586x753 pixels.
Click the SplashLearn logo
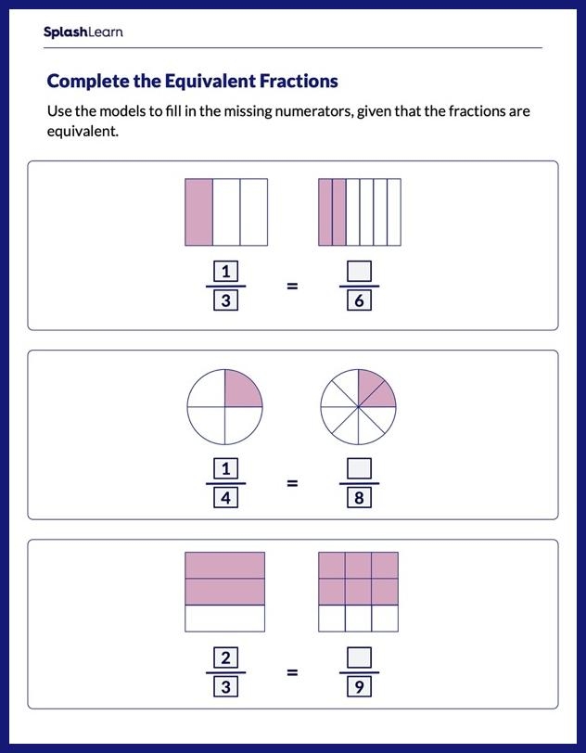(83, 32)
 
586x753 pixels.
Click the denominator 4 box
(225, 498)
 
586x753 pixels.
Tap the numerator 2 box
(225, 657)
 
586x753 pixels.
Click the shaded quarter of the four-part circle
(244, 389)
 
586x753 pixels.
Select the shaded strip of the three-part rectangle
(199, 212)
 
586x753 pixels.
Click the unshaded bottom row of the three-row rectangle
(225, 618)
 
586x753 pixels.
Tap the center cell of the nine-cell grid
(359, 591)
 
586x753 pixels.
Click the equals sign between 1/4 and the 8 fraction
(292, 483)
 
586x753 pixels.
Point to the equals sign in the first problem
(292, 286)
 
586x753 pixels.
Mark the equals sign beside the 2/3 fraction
(292, 672)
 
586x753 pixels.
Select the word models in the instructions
(123, 112)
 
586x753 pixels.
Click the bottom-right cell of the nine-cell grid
(386, 618)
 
